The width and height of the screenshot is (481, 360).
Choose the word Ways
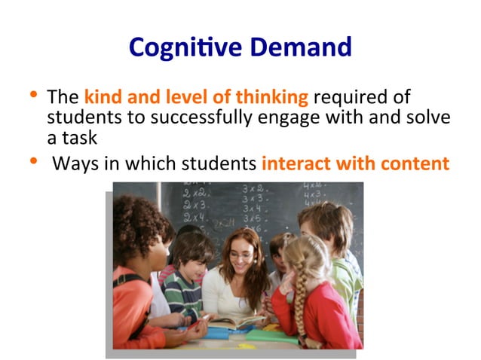coord(76,163)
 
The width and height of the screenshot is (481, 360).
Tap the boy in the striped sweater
coord(184,279)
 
